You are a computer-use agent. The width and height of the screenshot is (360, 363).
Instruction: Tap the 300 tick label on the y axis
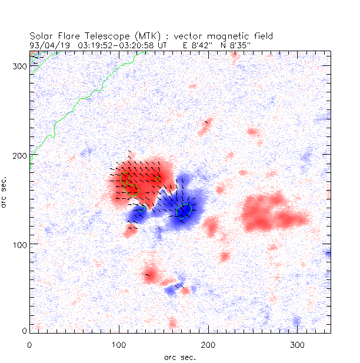[21, 66]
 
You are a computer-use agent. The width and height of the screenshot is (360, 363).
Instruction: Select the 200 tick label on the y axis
[21, 155]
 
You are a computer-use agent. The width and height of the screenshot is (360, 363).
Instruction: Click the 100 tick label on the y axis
[21, 244]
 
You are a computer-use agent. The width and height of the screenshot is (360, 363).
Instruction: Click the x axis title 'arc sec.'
[180, 357]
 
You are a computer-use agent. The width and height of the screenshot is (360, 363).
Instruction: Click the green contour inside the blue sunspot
[184, 211]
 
